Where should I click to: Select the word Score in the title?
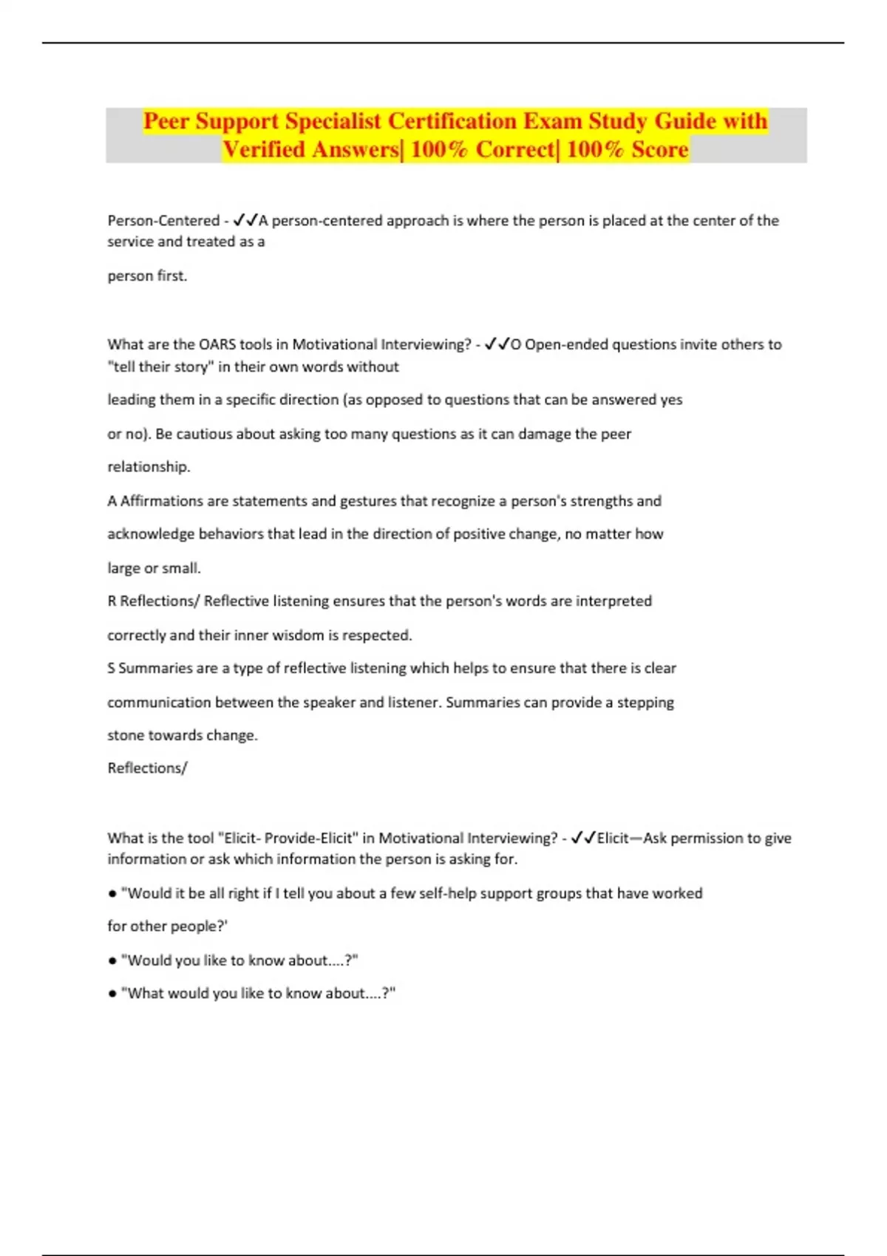click(659, 150)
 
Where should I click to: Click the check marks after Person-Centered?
click(245, 220)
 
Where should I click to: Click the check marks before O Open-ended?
click(497, 344)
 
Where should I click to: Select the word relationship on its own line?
click(148, 467)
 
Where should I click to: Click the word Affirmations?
click(162, 501)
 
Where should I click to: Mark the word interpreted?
click(614, 601)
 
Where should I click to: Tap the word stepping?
click(645, 702)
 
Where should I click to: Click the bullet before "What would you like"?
click(112, 994)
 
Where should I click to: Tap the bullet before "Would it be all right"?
click(112, 893)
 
